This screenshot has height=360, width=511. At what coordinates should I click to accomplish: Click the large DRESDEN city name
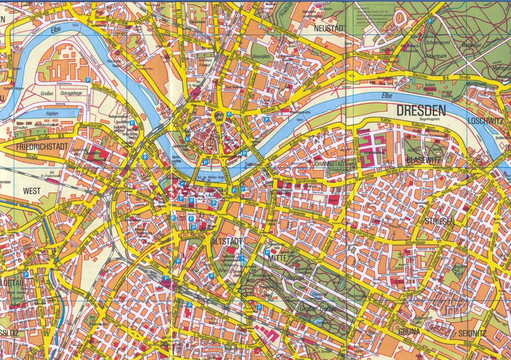click(x=421, y=111)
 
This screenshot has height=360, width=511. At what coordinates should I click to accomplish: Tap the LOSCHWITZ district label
click(x=485, y=121)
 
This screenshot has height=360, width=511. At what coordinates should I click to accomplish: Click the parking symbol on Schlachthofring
click(x=88, y=80)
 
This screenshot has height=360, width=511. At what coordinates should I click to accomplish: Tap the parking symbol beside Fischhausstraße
click(x=431, y=20)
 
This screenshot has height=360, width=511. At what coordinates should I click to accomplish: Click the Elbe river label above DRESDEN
click(x=387, y=96)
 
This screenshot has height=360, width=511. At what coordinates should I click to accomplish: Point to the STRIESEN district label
click(x=439, y=222)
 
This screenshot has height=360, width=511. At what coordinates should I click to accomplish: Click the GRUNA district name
click(x=410, y=331)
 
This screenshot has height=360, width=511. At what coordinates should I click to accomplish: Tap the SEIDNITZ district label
click(x=473, y=333)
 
